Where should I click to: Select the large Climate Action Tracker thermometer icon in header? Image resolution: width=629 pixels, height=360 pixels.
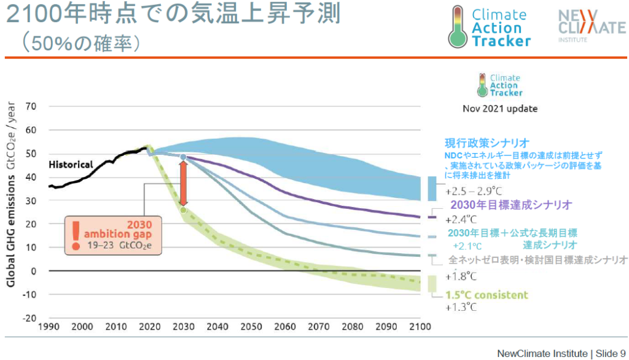pos(458,26)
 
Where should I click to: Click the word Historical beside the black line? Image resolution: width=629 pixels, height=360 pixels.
pos(71,165)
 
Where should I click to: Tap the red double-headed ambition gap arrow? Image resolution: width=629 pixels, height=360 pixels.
pos(182,184)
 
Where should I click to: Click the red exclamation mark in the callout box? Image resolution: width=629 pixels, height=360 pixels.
pos(76,233)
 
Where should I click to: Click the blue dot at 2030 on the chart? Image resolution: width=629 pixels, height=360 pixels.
pos(182,158)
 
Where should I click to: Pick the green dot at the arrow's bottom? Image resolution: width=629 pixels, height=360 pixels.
pos(182,210)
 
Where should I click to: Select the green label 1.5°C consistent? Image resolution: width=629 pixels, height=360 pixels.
pos(487,295)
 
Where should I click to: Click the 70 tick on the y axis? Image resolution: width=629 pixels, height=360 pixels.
pos(31,106)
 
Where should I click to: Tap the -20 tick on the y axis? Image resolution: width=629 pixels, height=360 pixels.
pos(29,318)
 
